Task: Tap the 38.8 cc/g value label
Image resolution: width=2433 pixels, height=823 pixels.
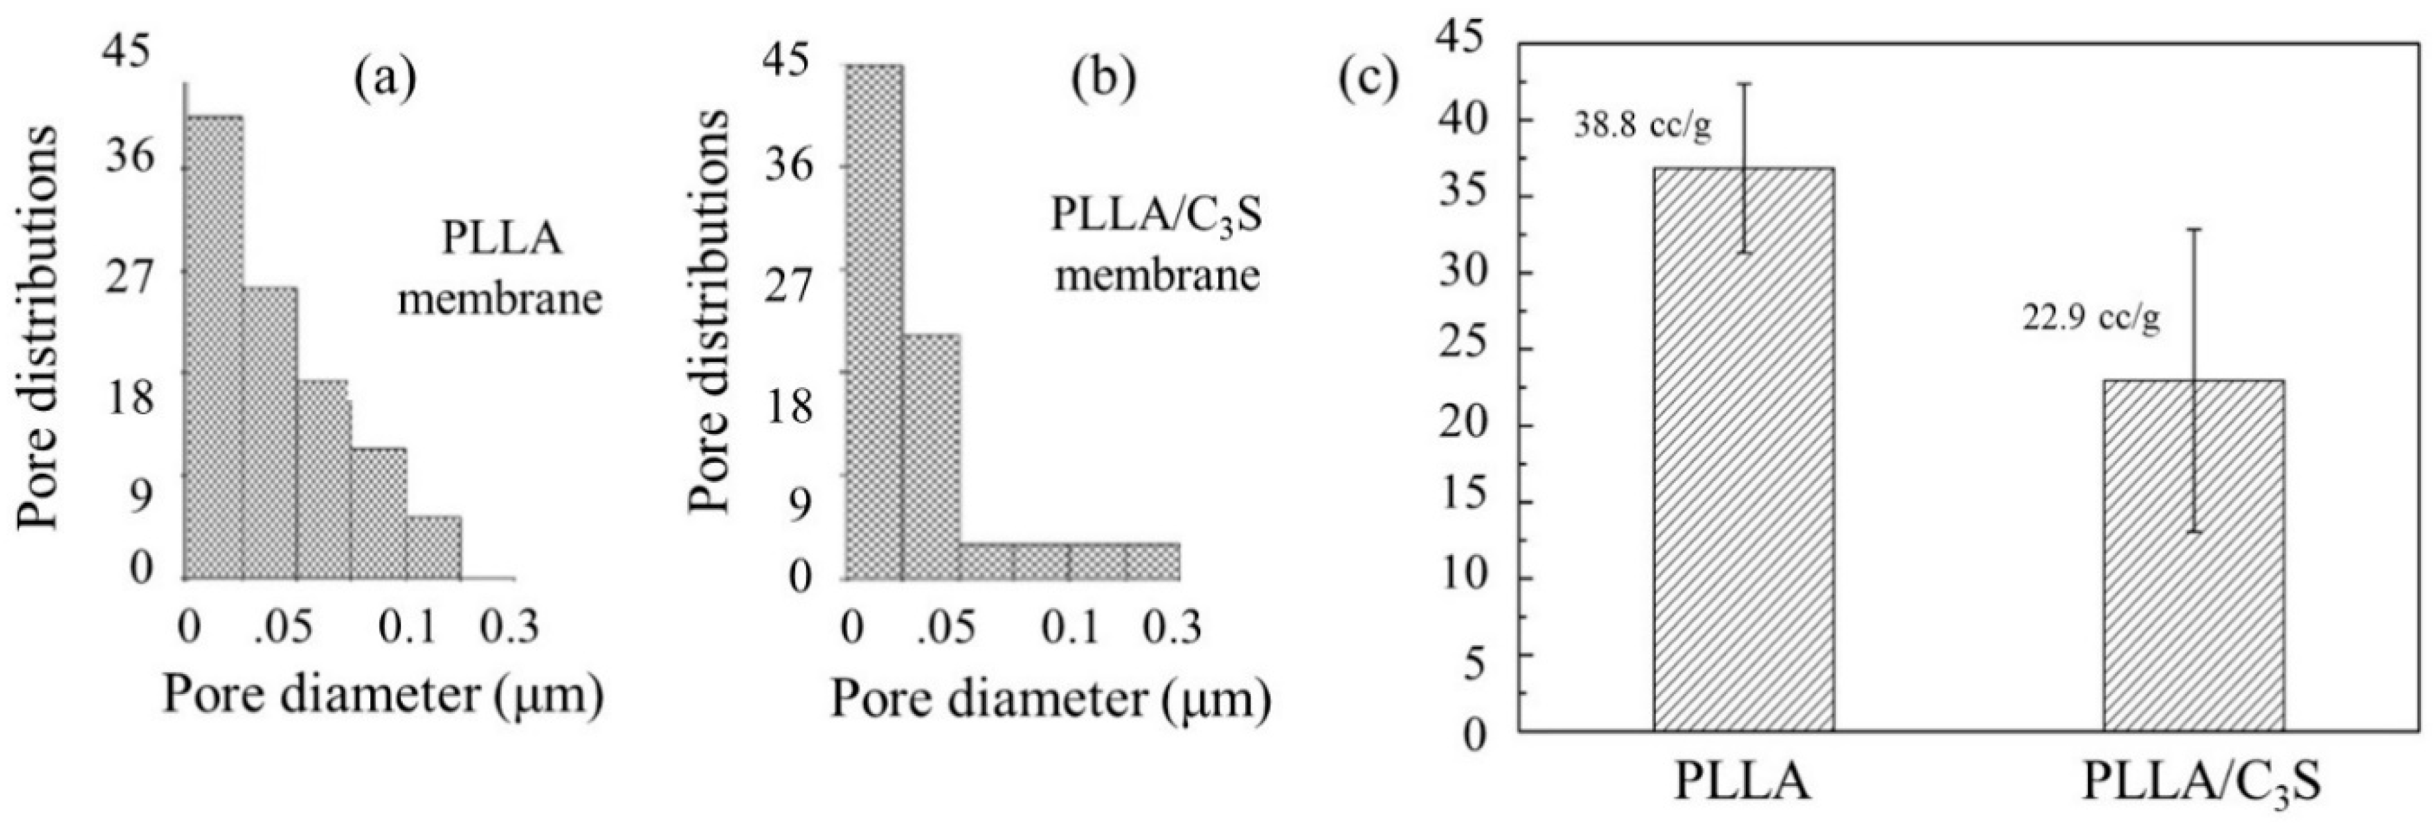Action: [1641, 128]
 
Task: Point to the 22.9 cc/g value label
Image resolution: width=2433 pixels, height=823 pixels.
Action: [2090, 320]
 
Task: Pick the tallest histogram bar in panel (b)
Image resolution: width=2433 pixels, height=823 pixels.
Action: [874, 322]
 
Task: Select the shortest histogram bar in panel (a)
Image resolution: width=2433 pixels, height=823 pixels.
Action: [434, 547]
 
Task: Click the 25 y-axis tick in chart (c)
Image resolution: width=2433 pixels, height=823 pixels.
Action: [1471, 349]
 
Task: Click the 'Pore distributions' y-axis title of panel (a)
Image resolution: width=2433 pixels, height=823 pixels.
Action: [39, 326]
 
